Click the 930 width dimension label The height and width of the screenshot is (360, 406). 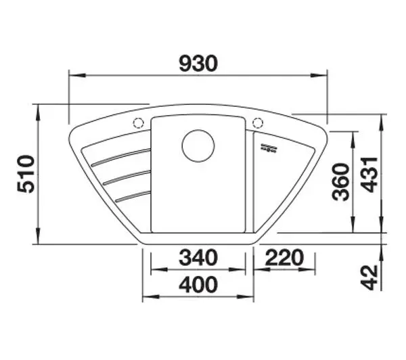[198, 64]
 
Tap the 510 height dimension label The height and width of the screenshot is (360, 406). [26, 174]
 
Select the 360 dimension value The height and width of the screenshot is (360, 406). [341, 182]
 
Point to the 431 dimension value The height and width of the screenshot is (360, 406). [369, 175]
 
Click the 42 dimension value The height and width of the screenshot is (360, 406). [369, 277]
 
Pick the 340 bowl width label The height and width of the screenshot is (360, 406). [198, 258]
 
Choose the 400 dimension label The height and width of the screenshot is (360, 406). [198, 285]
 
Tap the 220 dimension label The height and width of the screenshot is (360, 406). [284, 258]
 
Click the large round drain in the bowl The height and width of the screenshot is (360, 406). [198, 145]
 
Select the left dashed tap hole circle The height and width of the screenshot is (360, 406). [139, 122]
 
